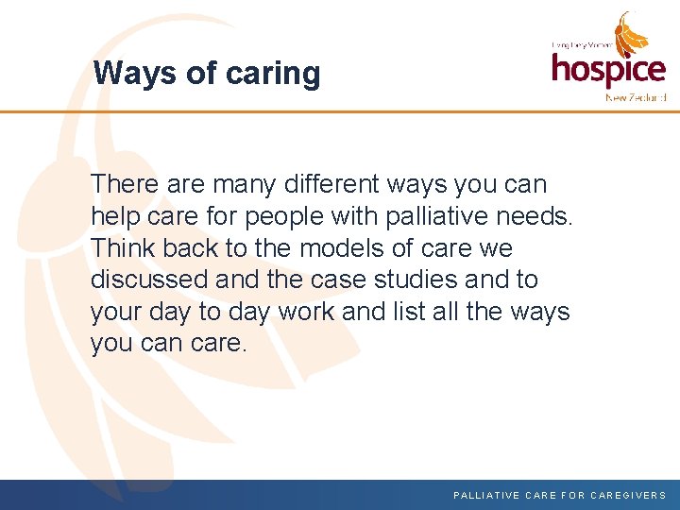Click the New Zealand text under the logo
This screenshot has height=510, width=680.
pos(635,97)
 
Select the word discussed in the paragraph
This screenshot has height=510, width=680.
pos(148,280)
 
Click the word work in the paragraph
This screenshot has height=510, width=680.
pos(302,312)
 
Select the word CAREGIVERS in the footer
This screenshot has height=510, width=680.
pos(628,495)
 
